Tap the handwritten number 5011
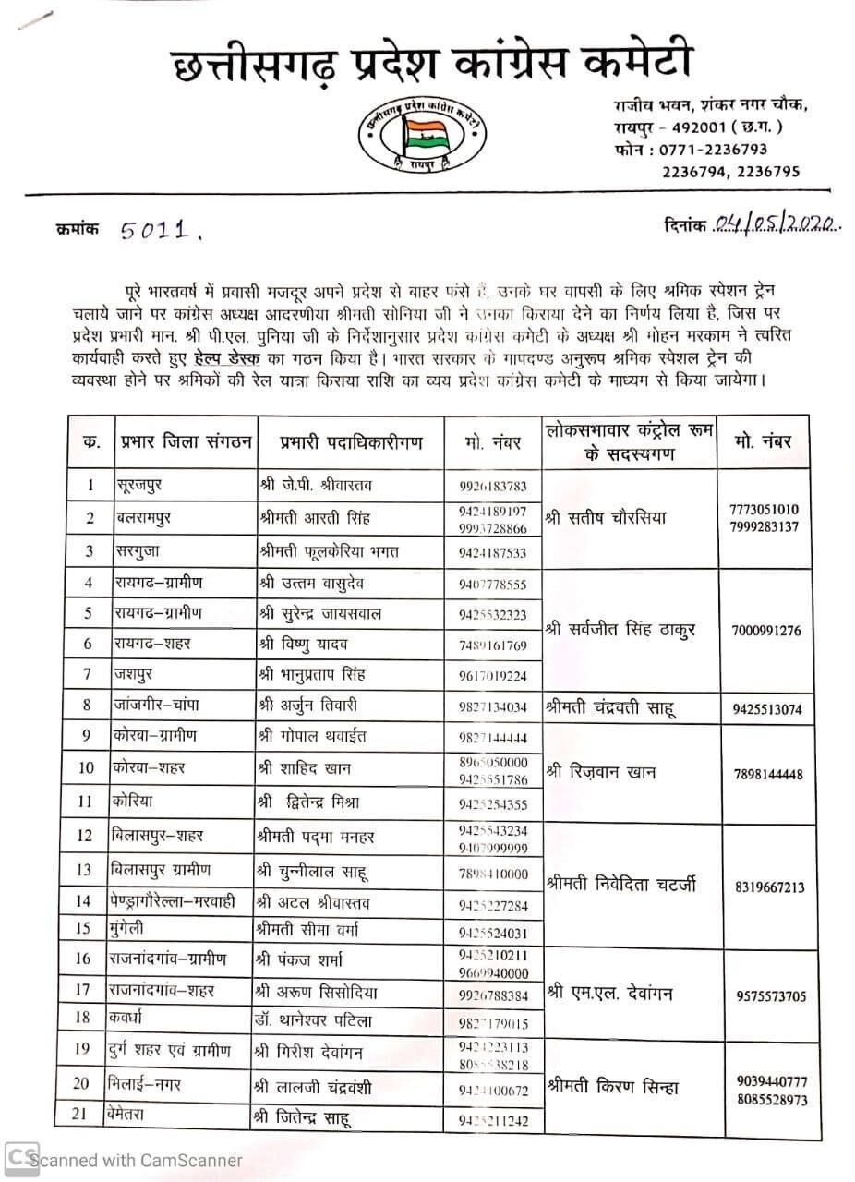tap(160, 229)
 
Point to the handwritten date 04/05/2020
tap(776, 224)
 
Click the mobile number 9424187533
tap(491, 552)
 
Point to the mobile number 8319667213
tap(770, 887)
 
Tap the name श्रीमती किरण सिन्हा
tap(612, 1087)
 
